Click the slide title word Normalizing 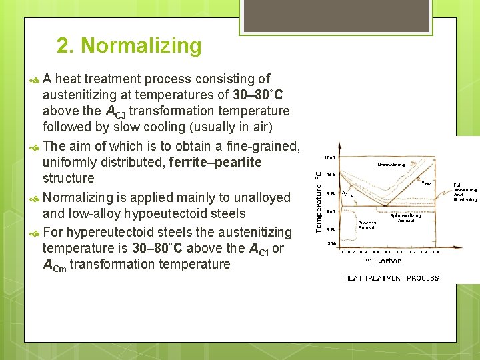(x=140, y=46)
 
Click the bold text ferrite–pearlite (x=215, y=162)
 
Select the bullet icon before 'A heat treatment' (x=35, y=79)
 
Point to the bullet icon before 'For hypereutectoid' (x=35, y=233)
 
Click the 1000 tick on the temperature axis (x=329, y=158)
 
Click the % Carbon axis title (x=383, y=261)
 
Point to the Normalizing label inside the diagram (x=391, y=165)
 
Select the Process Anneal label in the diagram (x=367, y=225)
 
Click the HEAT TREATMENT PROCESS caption (x=391, y=278)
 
